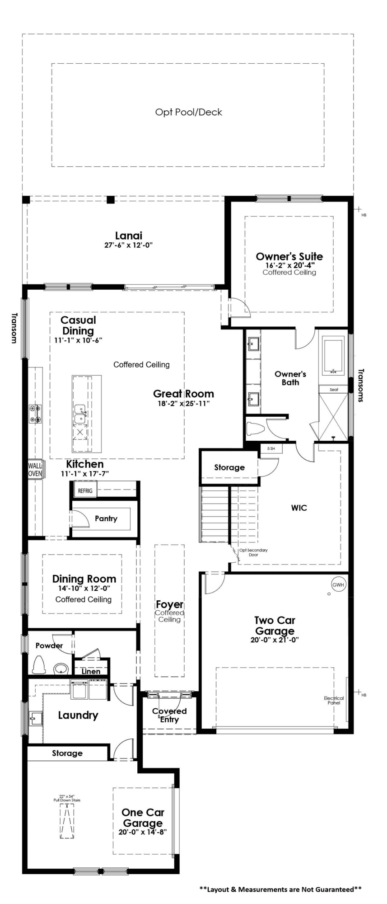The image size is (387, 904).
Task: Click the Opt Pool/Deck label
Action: pos(188,112)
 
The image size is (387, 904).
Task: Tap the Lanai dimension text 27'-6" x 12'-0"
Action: pos(129,245)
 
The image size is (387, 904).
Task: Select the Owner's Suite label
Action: pos(289,256)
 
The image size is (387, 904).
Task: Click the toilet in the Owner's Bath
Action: pos(254,428)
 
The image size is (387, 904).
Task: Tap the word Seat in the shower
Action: pos(334,389)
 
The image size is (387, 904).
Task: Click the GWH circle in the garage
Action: pos(338,584)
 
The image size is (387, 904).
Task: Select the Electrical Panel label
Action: pos(334,700)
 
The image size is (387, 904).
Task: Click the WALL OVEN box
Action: pos(35,470)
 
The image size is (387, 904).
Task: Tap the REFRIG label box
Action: pos(85,490)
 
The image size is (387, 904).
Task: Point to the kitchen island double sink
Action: pos(80,414)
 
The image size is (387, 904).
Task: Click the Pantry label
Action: pos(106,518)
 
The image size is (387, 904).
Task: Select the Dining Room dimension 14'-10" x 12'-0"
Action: pos(84,589)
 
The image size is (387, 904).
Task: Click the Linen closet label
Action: pos(91,671)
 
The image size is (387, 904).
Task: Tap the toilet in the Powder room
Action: pos(39,665)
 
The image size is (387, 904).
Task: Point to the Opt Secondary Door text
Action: pos(253,552)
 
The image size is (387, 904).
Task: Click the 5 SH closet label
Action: pos(271,448)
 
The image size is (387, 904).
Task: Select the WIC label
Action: pos(299,508)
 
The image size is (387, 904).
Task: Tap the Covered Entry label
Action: pos(169,715)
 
